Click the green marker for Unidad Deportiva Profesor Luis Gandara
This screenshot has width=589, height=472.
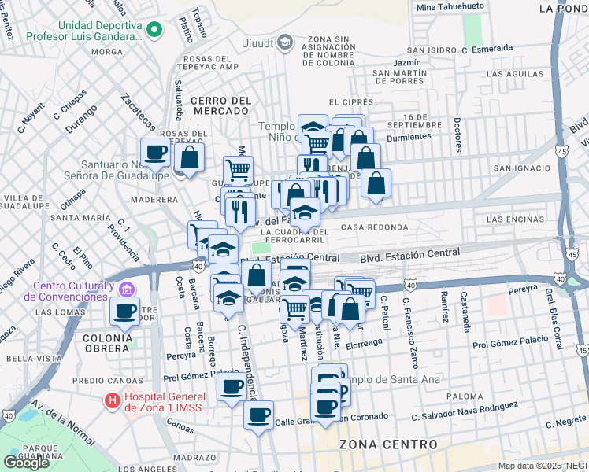pyautogui.click(x=155, y=31)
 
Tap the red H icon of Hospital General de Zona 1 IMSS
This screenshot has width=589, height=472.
pyautogui.click(x=113, y=400)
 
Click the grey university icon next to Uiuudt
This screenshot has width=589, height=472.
pyautogui.click(x=285, y=41)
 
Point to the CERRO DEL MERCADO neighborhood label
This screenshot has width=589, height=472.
pyautogui.click(x=220, y=106)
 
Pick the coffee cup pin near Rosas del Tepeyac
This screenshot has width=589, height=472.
pyautogui.click(x=155, y=151)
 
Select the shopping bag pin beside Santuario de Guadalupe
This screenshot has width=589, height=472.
pyautogui.click(x=190, y=156)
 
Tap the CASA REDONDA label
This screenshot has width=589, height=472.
pyautogui.click(x=375, y=227)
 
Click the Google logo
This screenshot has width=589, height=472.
pyautogui.click(x=26, y=463)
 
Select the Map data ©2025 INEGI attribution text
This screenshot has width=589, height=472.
pyautogui.click(x=543, y=466)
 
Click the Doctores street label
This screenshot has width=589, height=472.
pyautogui.click(x=457, y=135)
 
